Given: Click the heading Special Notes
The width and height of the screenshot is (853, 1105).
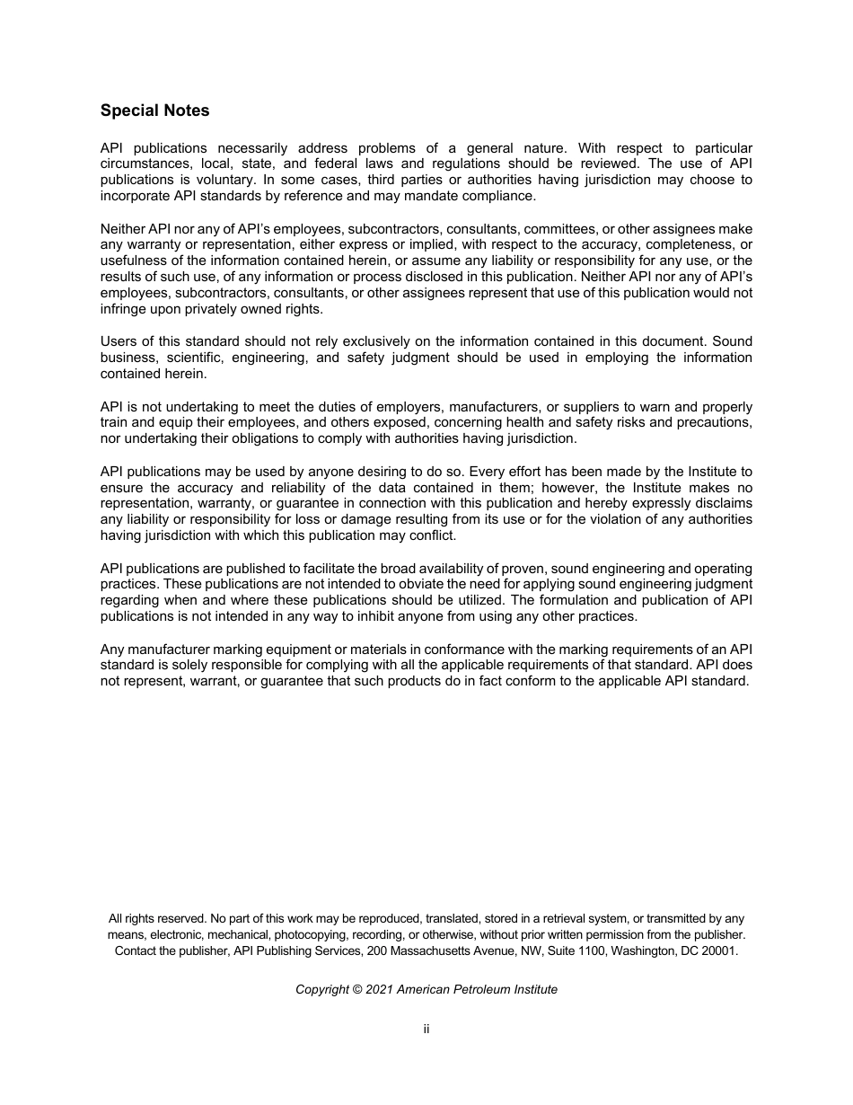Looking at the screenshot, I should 154,110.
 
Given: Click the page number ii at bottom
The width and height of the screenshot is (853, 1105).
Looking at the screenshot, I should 426,1029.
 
